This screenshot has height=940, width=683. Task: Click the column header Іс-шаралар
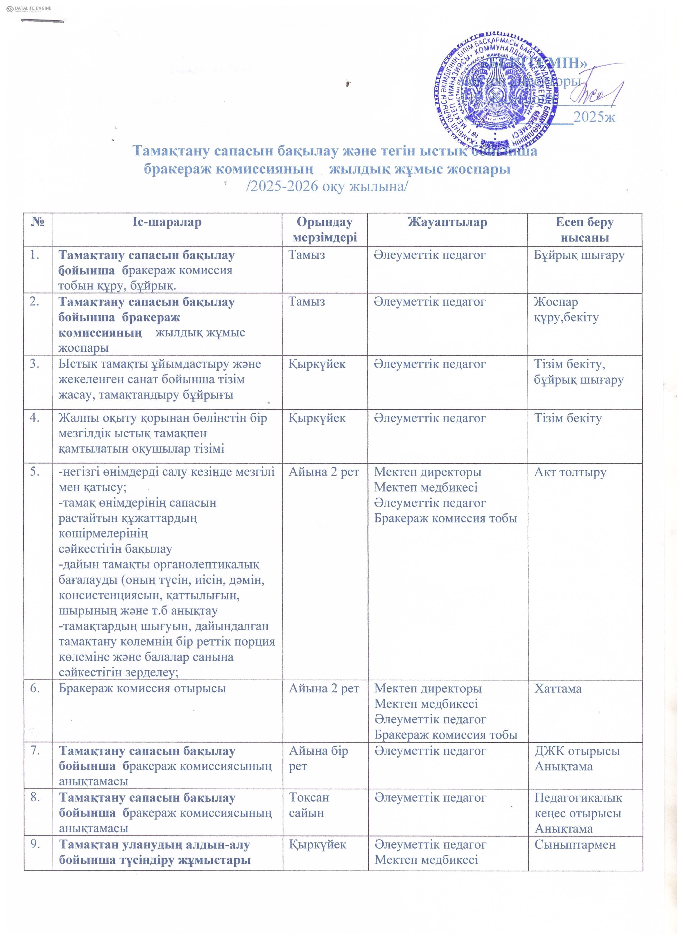click(167, 223)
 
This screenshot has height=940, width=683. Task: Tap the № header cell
click(38, 223)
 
